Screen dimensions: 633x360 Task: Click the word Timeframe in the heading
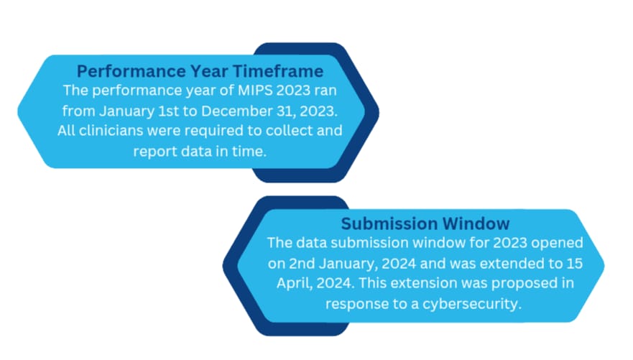(x=278, y=71)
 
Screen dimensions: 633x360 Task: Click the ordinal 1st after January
(x=168, y=111)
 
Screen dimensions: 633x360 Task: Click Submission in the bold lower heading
(x=387, y=223)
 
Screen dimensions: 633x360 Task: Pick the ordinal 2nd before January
(x=302, y=263)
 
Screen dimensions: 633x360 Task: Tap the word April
(x=295, y=283)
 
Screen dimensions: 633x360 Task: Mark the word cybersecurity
(x=472, y=304)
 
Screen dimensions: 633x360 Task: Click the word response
(x=356, y=304)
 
